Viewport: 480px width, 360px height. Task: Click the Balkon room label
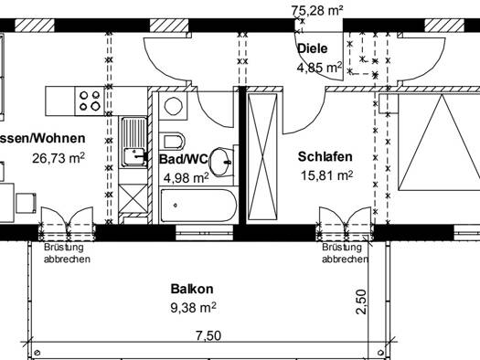tap(192, 289)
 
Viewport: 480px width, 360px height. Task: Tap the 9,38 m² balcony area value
tap(193, 307)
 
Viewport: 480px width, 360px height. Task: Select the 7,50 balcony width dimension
tap(208, 336)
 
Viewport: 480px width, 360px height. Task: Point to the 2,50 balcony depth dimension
tap(361, 302)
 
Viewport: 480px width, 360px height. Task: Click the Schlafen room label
tap(325, 156)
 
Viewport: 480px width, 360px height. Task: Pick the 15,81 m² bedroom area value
tap(326, 175)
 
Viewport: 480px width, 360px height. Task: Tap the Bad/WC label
tap(184, 159)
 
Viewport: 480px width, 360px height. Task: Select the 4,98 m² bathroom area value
tap(187, 177)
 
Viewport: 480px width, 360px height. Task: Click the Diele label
tap(313, 48)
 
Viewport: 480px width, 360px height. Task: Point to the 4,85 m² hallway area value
tap(320, 68)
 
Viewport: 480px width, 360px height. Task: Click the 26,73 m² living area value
tap(59, 158)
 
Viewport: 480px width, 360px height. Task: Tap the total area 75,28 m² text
tap(317, 10)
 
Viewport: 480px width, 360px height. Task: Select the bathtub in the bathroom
tap(199, 206)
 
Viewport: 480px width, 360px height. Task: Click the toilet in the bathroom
tap(173, 142)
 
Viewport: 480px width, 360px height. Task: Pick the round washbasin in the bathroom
tap(221, 162)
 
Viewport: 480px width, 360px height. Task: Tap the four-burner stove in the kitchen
tap(90, 101)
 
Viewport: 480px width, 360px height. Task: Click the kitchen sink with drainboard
tap(134, 143)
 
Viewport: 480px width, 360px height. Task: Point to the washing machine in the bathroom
tap(174, 106)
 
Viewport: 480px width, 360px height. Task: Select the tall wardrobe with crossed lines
tap(262, 156)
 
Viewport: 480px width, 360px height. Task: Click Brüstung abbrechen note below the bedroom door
tap(345, 253)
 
